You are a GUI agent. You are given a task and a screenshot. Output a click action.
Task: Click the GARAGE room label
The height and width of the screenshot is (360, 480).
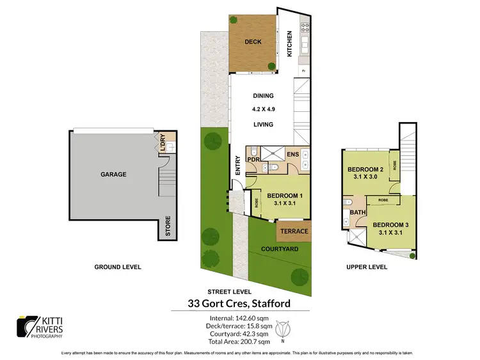click(x=113, y=174)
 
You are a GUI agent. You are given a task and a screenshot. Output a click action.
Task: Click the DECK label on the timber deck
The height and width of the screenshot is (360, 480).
click(x=253, y=42)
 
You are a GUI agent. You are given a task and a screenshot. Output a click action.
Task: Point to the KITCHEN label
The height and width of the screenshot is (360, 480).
click(x=289, y=44)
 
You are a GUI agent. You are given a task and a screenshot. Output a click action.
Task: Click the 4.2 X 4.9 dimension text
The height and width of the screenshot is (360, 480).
click(x=262, y=110)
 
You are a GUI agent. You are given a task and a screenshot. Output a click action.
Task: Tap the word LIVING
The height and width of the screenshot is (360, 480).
click(x=262, y=125)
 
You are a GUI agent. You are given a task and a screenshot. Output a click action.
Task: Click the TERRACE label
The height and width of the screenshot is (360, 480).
click(x=294, y=231)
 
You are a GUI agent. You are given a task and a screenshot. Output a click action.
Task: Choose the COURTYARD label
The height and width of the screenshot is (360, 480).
click(x=280, y=249)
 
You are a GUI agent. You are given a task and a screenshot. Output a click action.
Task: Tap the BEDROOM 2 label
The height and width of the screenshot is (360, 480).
click(x=365, y=170)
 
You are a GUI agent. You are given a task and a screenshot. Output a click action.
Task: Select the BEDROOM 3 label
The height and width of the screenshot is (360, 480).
click(x=390, y=225)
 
